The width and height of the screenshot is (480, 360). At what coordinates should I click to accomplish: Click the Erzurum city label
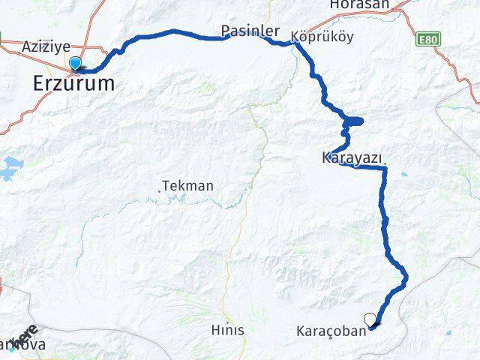point(74,83)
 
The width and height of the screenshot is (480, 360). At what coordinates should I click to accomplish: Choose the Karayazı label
point(351,158)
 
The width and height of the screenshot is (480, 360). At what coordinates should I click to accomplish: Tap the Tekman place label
point(188,185)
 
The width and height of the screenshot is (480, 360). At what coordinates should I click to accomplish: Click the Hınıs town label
point(227,329)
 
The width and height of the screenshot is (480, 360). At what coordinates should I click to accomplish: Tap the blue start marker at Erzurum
point(75,64)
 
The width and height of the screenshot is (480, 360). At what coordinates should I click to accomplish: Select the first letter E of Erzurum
point(39,83)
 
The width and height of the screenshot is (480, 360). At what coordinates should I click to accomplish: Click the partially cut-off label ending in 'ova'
point(27,345)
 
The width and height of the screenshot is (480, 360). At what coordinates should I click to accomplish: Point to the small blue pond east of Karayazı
point(404,174)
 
